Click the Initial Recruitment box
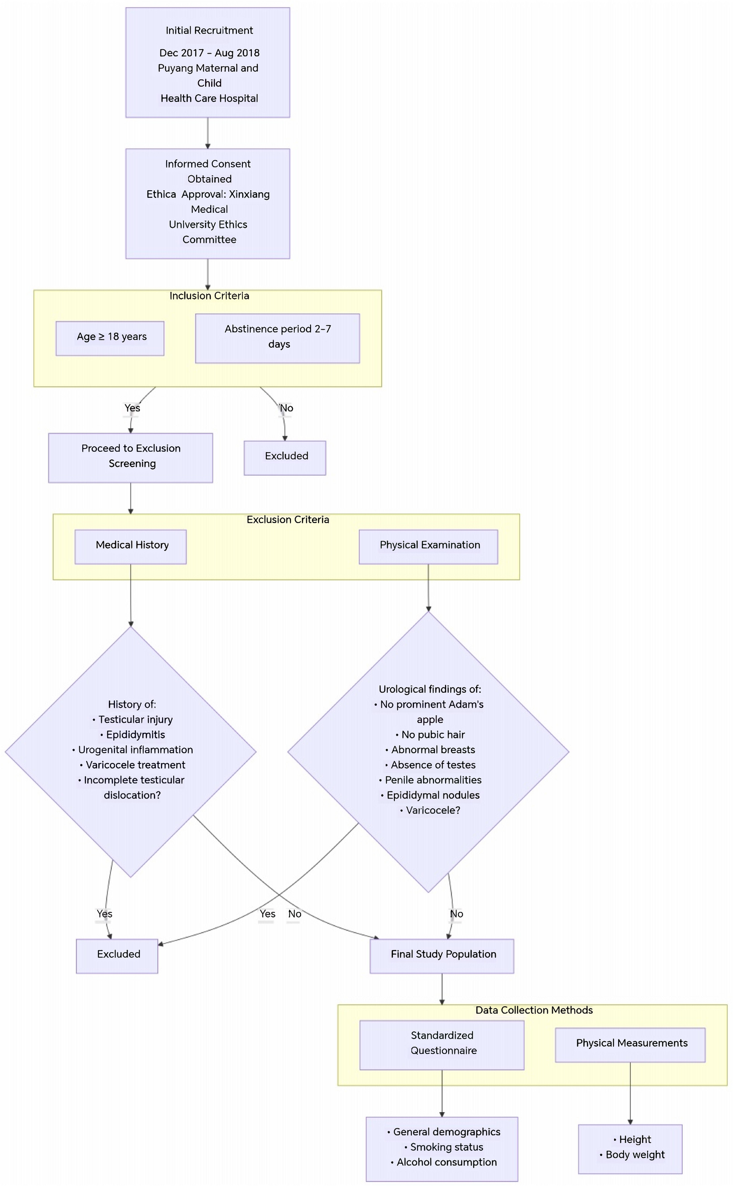coord(207,63)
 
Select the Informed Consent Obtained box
coord(207,203)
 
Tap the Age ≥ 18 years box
coord(110,338)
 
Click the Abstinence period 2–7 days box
coord(277,338)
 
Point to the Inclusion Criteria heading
coord(209,296)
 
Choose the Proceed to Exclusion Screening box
coord(130,457)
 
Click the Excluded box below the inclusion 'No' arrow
coord(285,457)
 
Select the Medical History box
coord(130,546)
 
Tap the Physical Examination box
coord(428,546)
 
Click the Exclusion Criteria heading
coord(287,519)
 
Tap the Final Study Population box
coord(442,955)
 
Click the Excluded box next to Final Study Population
coord(117,955)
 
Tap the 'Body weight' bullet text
coord(634,1154)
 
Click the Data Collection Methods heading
coord(533,1010)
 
